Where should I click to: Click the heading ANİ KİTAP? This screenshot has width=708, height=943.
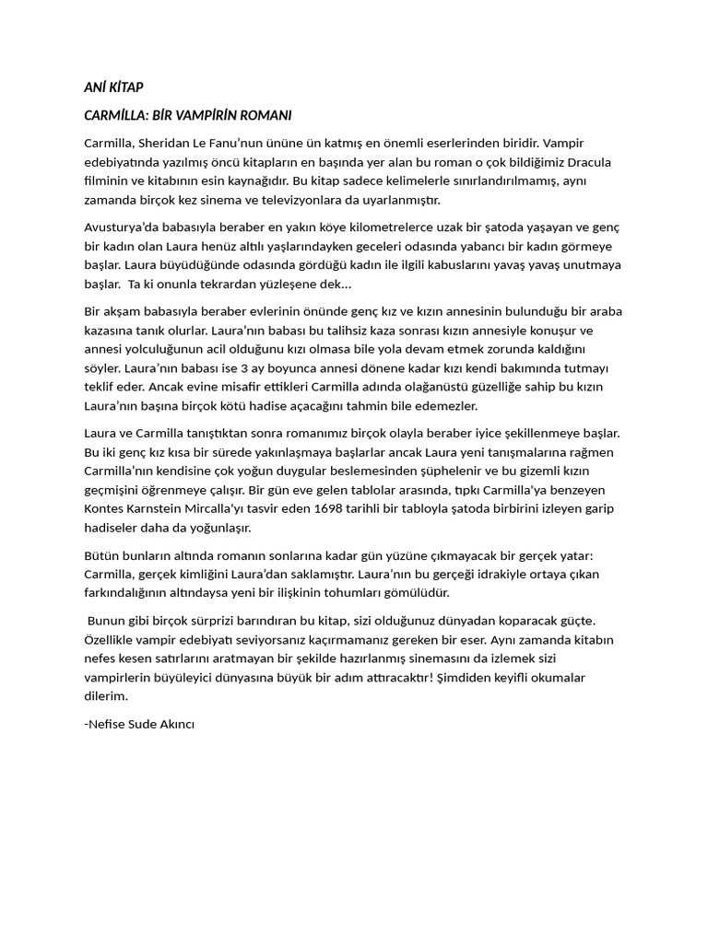click(x=113, y=87)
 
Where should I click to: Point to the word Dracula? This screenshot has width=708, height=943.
click(x=589, y=162)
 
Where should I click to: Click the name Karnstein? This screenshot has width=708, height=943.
click(x=161, y=508)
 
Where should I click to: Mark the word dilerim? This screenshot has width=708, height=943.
click(x=106, y=696)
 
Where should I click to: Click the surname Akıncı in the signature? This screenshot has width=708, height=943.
click(x=173, y=724)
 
